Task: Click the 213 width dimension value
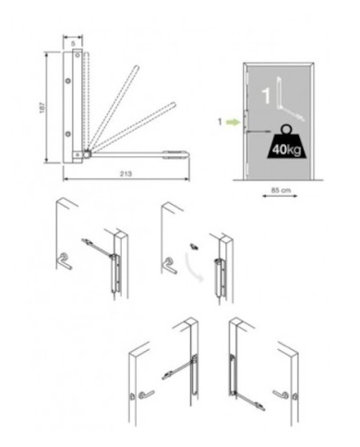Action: coord(126,174)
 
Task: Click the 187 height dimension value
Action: coord(42,107)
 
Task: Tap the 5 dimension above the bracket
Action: coord(73,43)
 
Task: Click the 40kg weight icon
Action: coord(286,142)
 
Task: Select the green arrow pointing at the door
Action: coord(234,122)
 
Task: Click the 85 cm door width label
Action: coord(281,190)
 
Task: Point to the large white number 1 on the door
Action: coord(266,96)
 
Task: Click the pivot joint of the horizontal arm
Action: coord(88,154)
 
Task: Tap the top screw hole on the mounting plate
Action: coord(78,55)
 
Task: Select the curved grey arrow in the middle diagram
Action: coord(194,267)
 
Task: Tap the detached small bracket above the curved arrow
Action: coord(194,247)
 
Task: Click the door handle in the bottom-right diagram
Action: coord(282,394)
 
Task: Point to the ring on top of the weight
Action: coord(286,129)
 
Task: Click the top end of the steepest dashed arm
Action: coord(137,66)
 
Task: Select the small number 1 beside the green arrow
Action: coord(220,122)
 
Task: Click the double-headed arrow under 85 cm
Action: coord(280,196)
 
